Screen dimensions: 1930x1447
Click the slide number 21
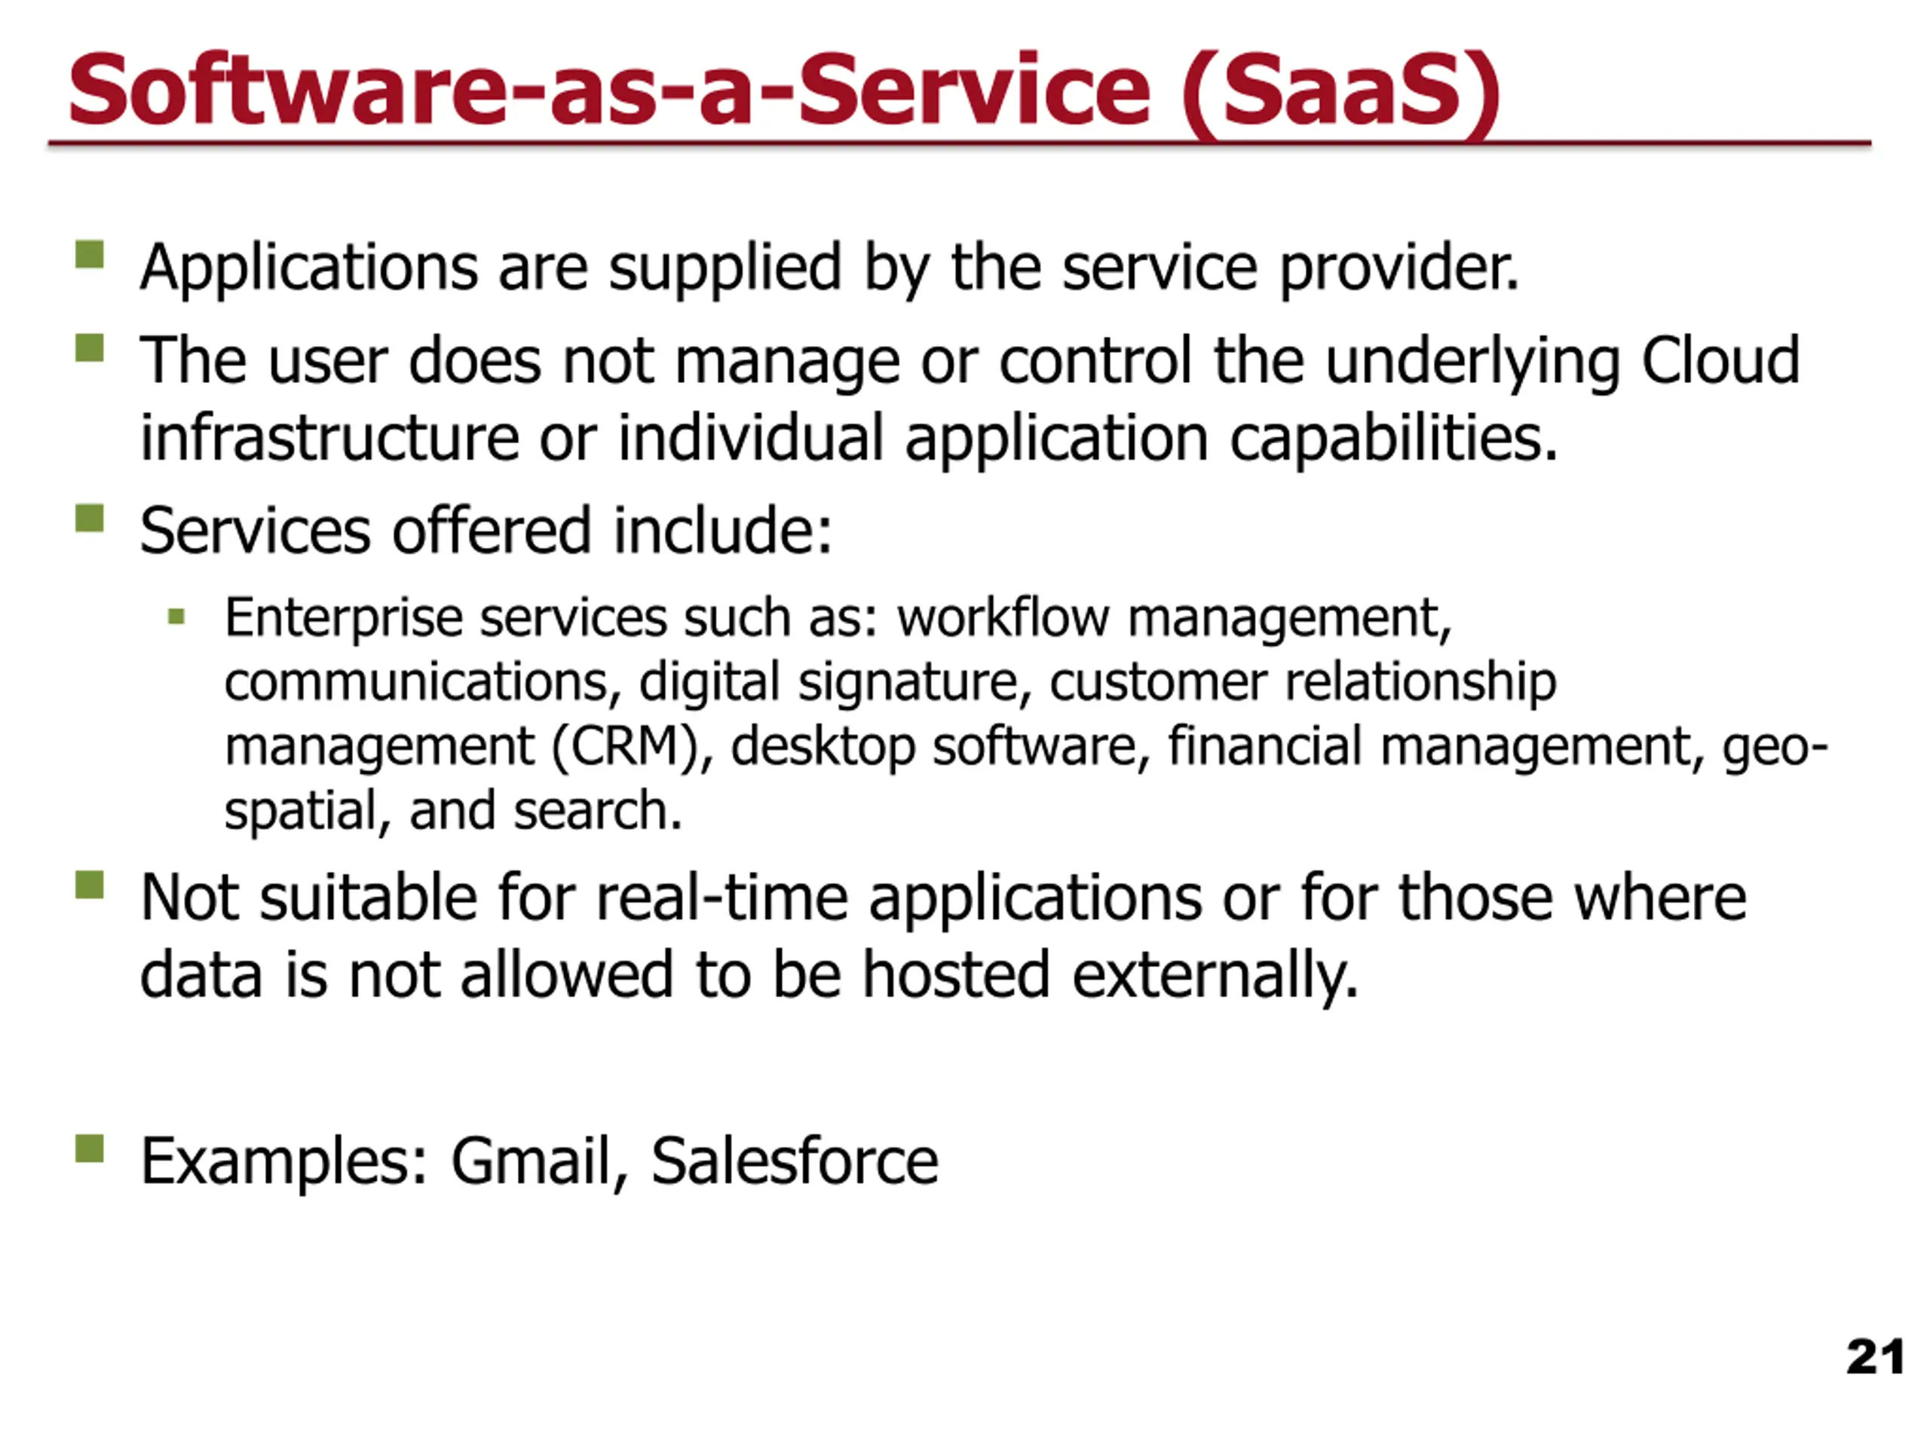tap(1875, 1357)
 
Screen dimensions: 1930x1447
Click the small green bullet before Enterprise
tap(176, 617)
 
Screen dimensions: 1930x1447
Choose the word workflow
tap(1003, 617)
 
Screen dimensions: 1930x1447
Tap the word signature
tap(915, 683)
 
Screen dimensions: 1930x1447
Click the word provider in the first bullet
tap(1399, 267)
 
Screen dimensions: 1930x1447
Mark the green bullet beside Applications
tap(90, 255)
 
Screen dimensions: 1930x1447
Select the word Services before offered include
tap(256, 531)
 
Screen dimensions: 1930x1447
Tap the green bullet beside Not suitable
tap(90, 885)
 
